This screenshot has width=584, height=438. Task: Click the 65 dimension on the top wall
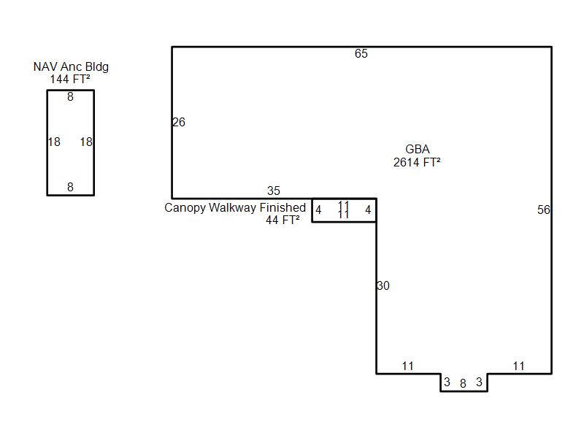361,53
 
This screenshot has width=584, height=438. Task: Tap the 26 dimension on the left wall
179,122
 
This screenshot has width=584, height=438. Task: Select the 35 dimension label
273,191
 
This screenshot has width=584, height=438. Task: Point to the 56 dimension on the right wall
543,210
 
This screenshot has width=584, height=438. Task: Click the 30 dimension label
383,285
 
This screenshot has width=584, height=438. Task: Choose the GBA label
417,149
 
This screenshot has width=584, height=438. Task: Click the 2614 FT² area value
417,162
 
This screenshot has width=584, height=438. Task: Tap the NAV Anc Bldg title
71,66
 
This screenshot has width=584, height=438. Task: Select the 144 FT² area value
70,79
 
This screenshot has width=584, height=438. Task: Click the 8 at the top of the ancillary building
70,97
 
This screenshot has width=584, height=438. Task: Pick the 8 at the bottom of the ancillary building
70,187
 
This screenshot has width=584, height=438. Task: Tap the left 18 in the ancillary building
54,142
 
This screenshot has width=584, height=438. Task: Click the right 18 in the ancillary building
86,142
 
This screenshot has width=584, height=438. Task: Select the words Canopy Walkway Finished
235,207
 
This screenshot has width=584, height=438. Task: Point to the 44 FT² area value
283,220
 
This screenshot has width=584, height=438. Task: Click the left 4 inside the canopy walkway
318,210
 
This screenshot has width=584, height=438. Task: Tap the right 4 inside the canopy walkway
368,210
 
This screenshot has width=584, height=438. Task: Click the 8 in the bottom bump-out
463,383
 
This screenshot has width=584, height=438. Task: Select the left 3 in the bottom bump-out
447,382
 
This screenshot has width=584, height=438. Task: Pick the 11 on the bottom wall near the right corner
518,366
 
